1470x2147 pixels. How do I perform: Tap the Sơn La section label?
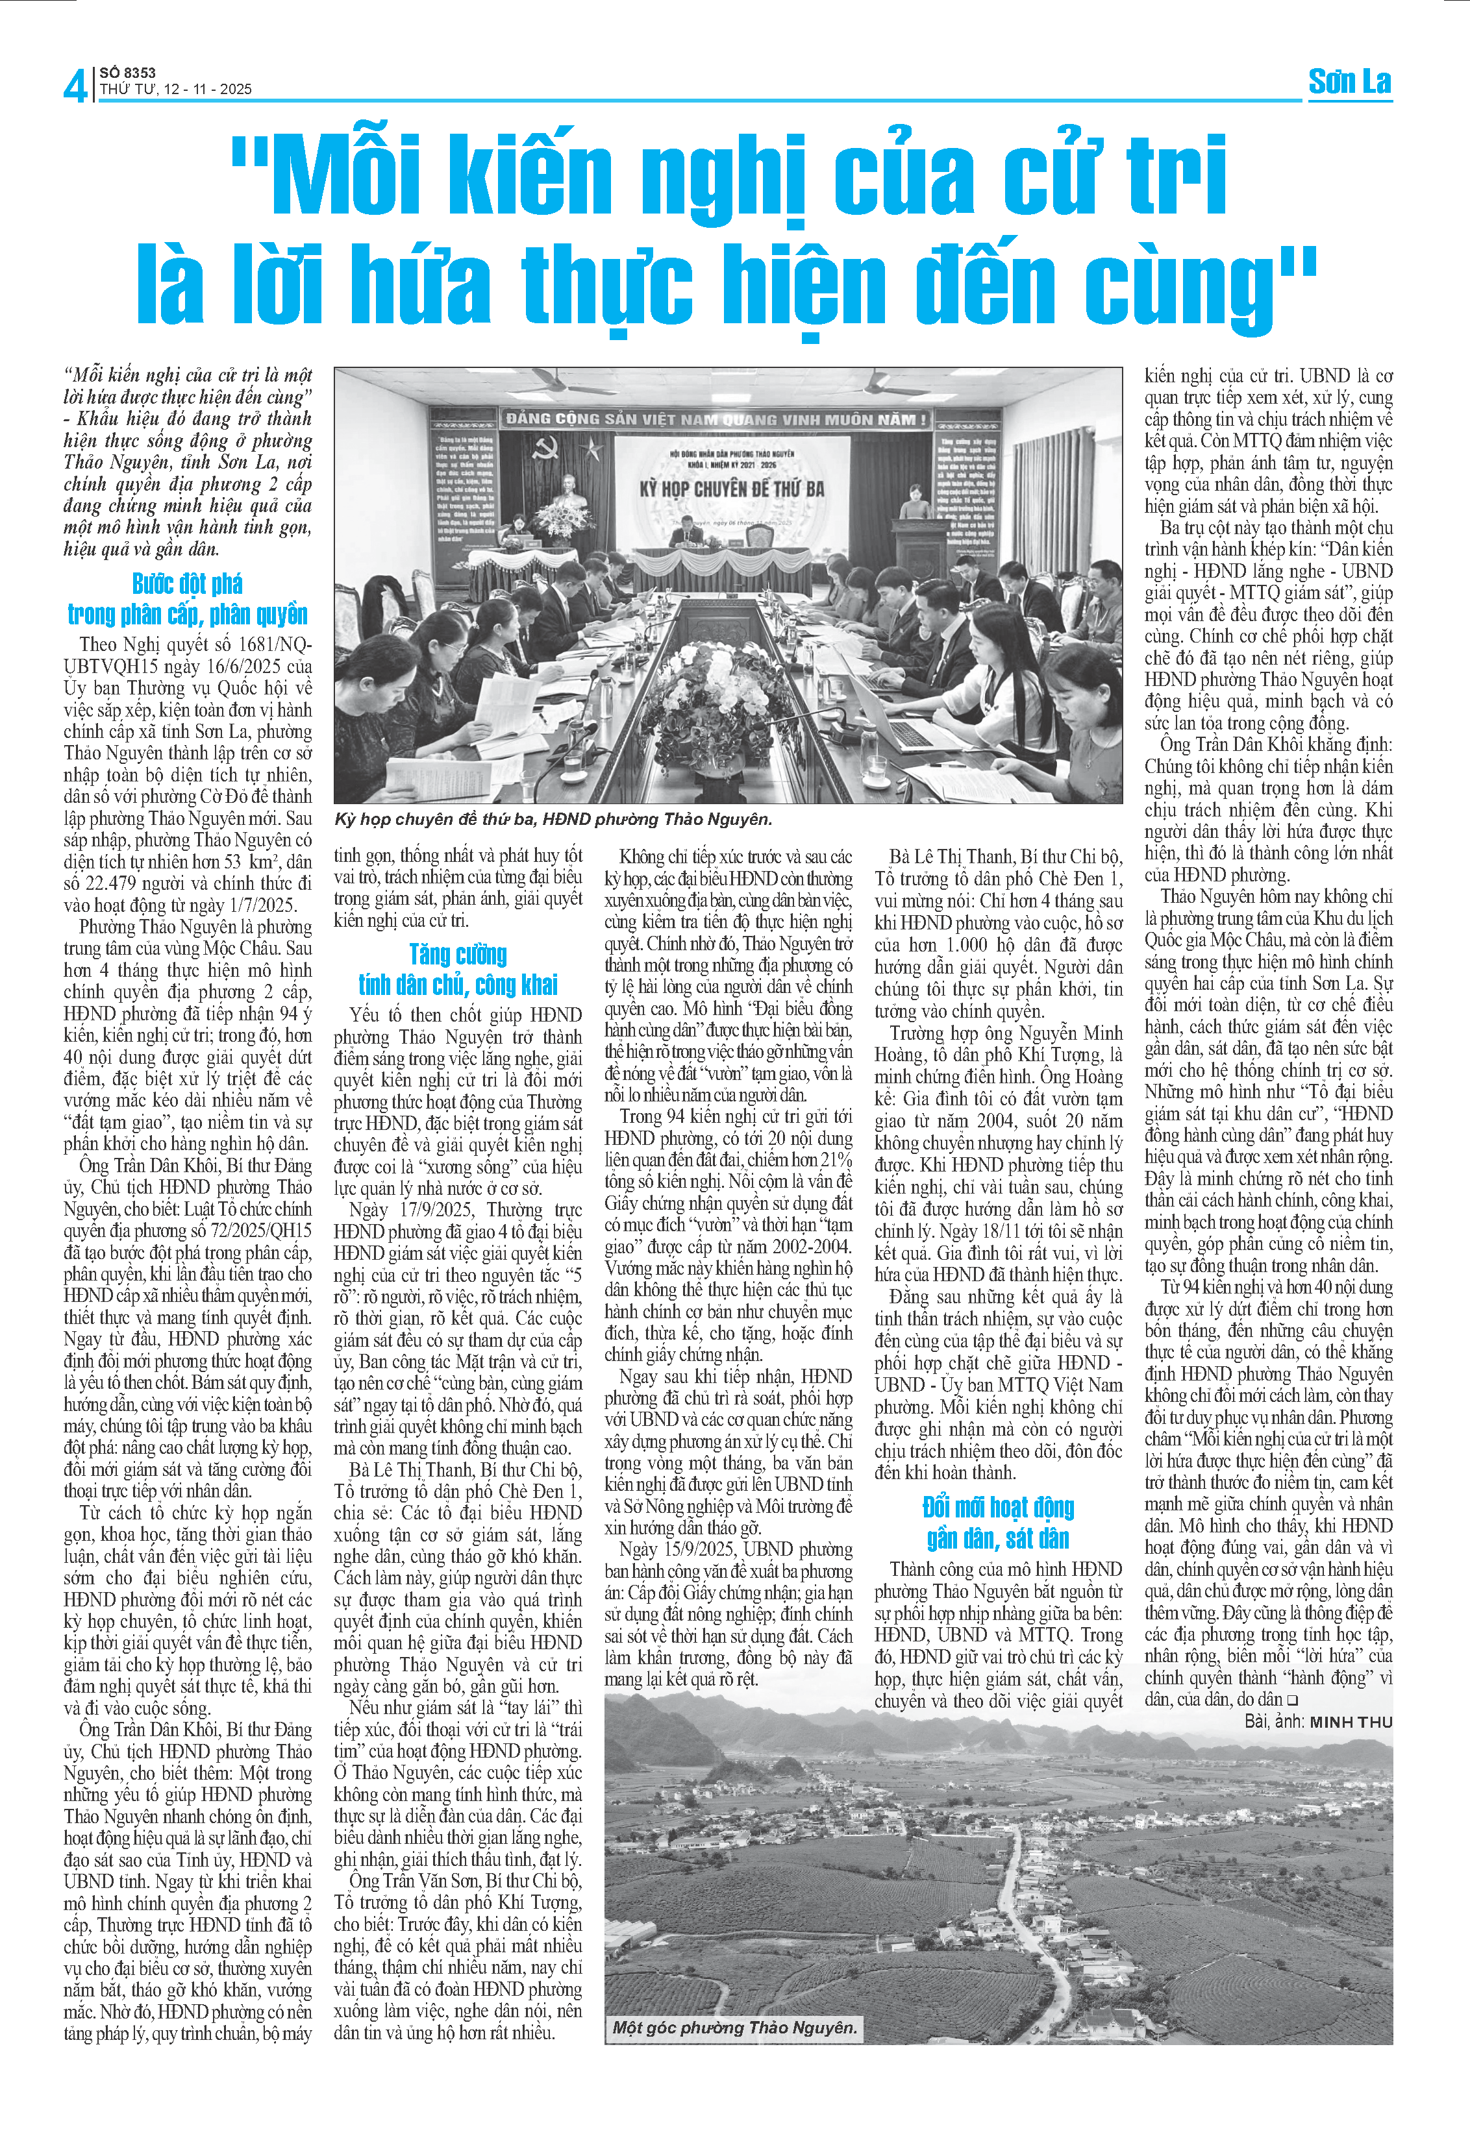click(x=1349, y=82)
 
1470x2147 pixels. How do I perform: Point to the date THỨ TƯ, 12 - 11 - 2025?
click(x=175, y=90)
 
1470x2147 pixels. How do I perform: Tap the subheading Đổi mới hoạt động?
click(x=998, y=1508)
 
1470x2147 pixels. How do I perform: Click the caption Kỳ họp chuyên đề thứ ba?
click(x=553, y=818)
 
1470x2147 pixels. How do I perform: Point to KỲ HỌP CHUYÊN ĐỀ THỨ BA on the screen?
click(x=732, y=489)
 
